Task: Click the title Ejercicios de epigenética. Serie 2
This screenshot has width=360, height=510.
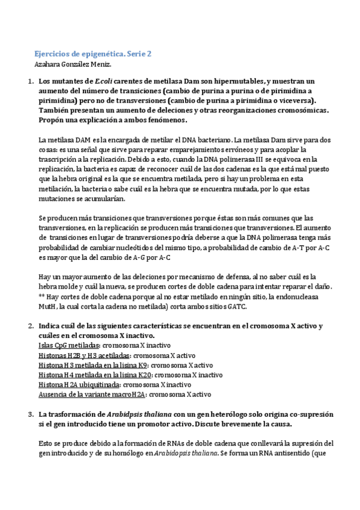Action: (92, 54)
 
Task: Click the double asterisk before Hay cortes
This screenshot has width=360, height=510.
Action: (41, 297)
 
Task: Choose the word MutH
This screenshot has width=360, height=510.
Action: (46, 307)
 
